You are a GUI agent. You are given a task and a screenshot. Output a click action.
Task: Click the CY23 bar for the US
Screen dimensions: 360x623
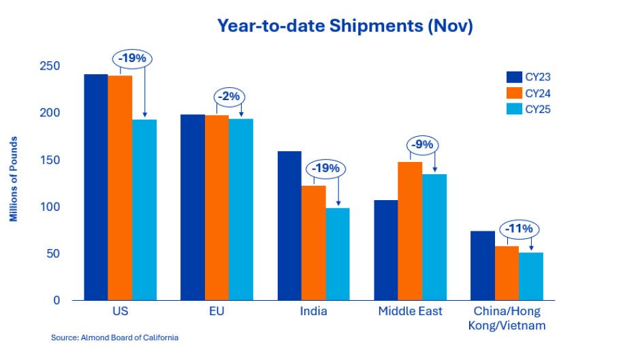95,187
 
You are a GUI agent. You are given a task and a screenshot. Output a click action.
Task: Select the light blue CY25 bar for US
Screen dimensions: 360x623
144,210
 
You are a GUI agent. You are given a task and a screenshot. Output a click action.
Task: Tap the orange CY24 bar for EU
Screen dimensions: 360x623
217,208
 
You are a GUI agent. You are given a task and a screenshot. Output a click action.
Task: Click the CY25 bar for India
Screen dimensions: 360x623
338,254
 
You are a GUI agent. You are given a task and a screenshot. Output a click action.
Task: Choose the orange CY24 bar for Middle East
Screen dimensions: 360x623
410,231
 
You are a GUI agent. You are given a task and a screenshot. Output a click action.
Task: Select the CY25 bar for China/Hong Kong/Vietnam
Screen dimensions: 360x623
530,276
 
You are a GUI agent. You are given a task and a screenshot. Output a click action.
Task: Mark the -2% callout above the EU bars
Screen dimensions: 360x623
228,96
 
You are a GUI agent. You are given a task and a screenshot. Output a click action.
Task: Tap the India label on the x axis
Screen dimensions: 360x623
313,312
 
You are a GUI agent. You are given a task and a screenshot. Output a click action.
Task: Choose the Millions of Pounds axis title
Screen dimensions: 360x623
14,179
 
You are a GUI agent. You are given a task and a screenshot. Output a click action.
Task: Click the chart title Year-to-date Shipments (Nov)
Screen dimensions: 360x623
345,26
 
